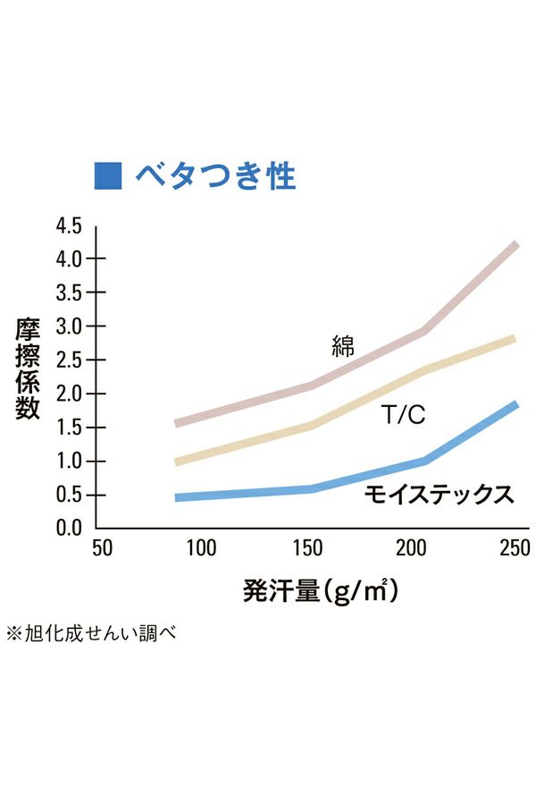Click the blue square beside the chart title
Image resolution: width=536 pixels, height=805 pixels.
pos(107,174)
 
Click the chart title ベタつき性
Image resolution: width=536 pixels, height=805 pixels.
pos(214,175)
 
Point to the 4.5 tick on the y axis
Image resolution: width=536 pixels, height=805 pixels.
pos(69,225)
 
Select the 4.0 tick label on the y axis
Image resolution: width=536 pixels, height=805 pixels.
pos(69,258)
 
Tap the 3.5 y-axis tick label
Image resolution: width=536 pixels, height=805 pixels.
pos(69,292)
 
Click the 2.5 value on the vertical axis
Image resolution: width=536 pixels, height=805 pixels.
pos(69,360)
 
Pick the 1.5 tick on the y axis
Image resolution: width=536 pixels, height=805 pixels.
pos(69,428)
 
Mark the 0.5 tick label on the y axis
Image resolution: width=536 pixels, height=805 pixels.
pos(69,495)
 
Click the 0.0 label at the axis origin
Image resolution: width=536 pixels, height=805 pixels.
pos(69,528)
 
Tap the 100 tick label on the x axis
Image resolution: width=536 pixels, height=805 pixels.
pos(202,547)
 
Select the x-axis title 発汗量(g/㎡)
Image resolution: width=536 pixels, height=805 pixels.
pos(320,591)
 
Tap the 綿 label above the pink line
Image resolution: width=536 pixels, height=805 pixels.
pos(342,347)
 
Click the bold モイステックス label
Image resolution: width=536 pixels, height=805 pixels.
pos(439,494)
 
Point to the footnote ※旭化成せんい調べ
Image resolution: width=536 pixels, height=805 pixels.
pos(90,633)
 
